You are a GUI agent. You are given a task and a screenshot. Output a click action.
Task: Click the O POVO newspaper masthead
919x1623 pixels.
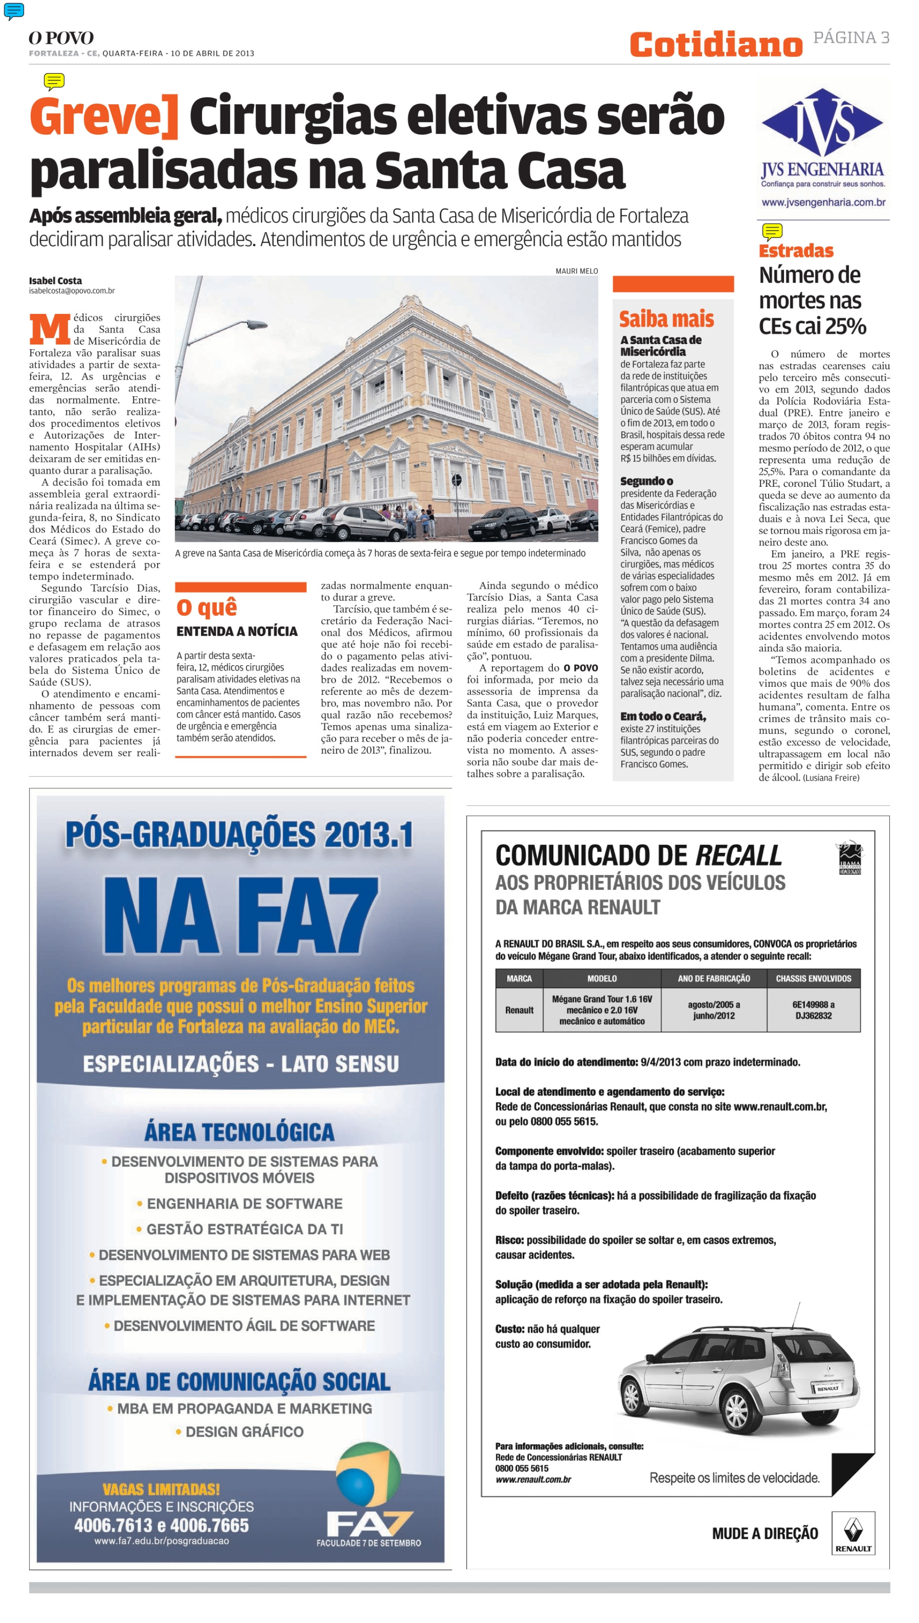[x=61, y=38]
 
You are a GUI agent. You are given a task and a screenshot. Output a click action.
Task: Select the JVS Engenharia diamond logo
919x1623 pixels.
[x=822, y=123]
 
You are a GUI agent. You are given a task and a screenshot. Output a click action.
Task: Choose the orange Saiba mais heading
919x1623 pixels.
[x=666, y=319]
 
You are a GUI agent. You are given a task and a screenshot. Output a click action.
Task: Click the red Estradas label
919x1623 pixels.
[x=796, y=251]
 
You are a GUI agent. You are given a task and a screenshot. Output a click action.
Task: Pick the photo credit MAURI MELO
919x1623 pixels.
[x=576, y=271]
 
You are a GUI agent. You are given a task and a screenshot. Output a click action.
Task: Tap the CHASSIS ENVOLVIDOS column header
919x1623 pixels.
[x=813, y=979]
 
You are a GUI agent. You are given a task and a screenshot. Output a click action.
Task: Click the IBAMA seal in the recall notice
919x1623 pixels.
[x=849, y=858]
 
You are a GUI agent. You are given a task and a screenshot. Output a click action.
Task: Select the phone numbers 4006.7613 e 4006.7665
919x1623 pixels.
[x=162, y=1525]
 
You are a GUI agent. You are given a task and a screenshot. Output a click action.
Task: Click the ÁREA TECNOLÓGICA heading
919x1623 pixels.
[x=239, y=1132]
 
